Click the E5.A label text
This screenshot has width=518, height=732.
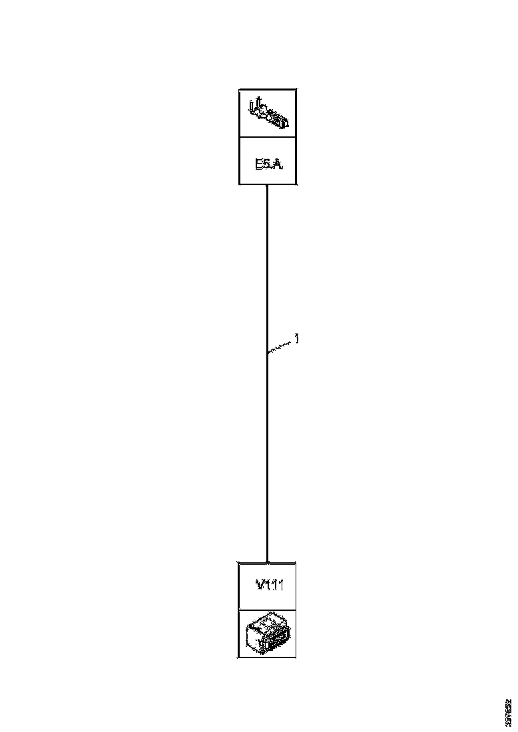[x=269, y=162]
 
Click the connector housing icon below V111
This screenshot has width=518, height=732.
[x=267, y=633]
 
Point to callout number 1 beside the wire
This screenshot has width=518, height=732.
[x=296, y=339]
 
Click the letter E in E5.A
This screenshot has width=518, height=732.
[x=260, y=162]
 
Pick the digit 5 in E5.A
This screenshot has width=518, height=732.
[x=267, y=162]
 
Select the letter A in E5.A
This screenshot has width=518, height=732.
[x=278, y=162]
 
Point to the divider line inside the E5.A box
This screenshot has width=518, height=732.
[x=268, y=138]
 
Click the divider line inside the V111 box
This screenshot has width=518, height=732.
[x=267, y=609]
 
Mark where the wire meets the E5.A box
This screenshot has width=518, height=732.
[x=267, y=185]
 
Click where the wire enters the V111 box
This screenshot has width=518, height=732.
[x=267, y=562]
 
